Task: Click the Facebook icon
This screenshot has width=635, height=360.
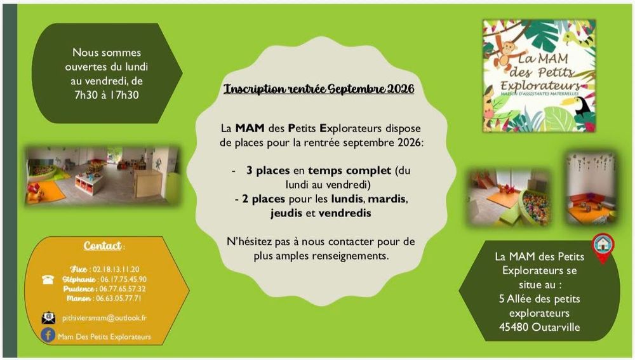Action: [48, 335]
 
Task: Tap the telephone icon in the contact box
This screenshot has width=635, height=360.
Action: [48, 279]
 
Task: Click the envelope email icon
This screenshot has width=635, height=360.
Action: [49, 318]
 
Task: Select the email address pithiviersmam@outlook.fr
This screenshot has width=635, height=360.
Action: [105, 318]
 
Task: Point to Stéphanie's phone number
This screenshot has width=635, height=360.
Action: [123, 279]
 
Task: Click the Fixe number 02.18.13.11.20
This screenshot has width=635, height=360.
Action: [116, 269]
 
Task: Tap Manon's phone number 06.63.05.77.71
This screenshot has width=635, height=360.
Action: [118, 298]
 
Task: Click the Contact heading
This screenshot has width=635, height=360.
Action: [102, 246]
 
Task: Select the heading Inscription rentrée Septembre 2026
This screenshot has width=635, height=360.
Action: [319, 89]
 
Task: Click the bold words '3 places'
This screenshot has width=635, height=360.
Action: [268, 171]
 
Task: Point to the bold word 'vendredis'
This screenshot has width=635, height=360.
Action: [345, 213]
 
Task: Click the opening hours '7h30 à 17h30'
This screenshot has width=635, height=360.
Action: [107, 95]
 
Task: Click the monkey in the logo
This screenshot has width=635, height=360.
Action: [504, 51]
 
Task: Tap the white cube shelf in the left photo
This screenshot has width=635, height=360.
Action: [89, 183]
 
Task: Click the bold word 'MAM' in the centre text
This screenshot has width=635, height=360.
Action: [250, 128]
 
